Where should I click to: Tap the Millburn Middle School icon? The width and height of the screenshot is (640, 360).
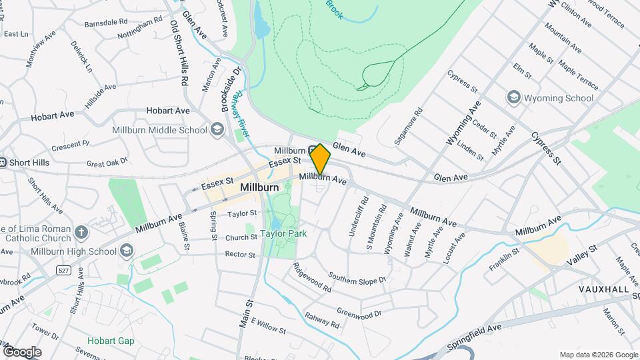pos(217,129)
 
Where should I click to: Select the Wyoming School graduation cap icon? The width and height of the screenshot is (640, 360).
pos(514,98)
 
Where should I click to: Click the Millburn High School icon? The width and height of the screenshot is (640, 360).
pos(126,251)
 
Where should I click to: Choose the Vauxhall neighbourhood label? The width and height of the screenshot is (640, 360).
pos(603,289)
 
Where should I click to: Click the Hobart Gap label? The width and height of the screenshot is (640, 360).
pos(111,341)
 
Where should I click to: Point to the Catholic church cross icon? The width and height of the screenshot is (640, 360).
pos(81,232)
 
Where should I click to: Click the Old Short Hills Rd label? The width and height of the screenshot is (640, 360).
pos(180,53)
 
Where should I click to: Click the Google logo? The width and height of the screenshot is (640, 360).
pos(21,351)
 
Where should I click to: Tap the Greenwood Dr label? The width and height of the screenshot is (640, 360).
pos(359,311)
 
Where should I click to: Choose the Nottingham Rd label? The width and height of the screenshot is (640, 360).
pos(140,29)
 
